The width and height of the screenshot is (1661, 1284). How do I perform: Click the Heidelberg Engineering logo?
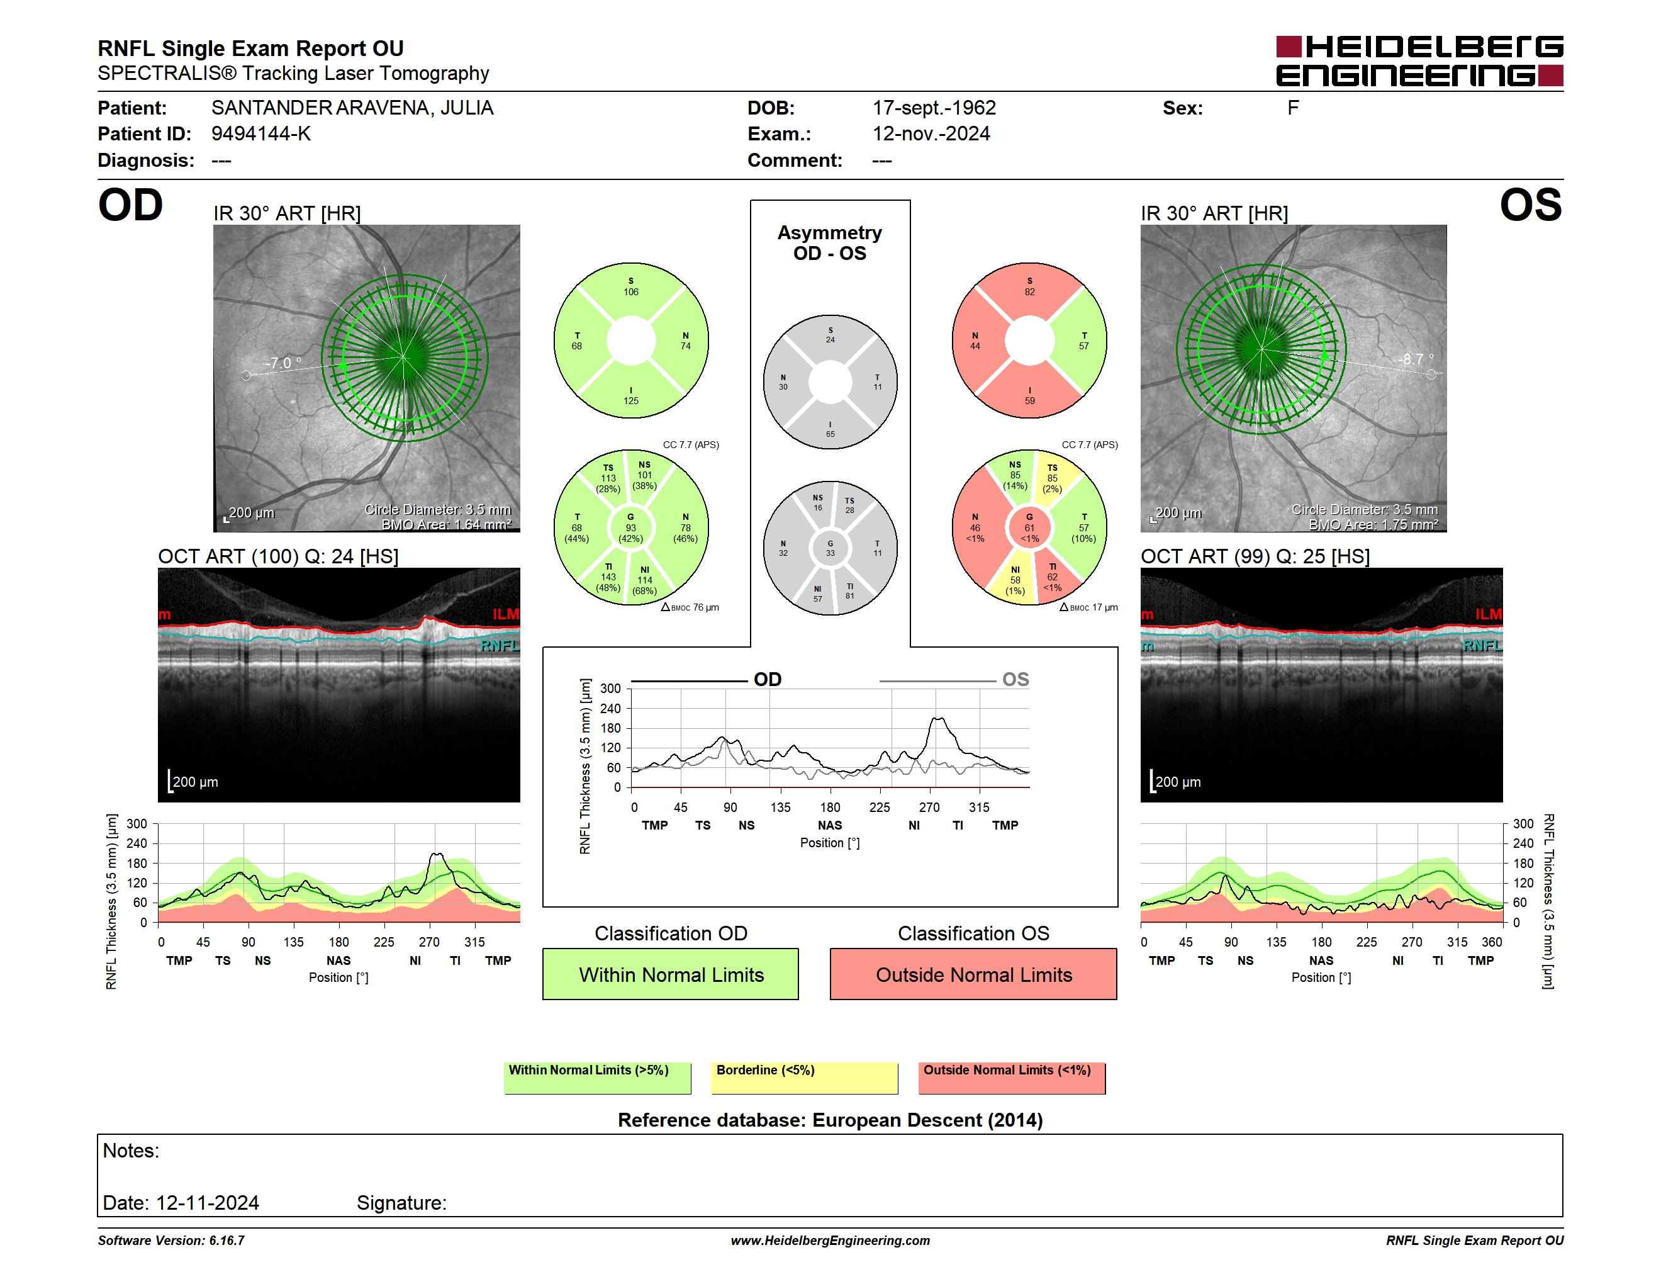coord(1419,61)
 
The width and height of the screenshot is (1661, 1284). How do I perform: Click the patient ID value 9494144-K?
coord(261,134)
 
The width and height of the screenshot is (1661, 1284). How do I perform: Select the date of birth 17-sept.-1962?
coord(934,108)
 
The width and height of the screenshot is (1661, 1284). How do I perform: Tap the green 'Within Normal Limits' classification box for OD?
coord(670,974)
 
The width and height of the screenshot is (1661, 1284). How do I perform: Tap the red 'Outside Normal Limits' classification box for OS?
coord(973,974)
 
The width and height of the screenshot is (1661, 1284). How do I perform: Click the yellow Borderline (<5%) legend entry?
coord(804,1078)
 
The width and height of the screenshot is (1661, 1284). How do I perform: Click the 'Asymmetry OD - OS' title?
coord(830,243)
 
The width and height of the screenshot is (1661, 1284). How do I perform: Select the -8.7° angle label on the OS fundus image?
coord(1416,359)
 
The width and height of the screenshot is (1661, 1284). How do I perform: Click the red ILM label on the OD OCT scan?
coord(506,614)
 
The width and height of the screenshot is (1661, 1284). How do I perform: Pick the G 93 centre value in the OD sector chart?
coord(630,527)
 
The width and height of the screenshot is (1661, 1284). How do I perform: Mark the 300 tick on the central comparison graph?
coord(611,689)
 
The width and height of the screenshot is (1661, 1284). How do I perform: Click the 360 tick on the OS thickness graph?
coord(1491,942)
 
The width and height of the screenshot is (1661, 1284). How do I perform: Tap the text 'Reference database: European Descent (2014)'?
coord(830,1120)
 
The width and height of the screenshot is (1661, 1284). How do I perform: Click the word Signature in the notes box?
coord(401,1203)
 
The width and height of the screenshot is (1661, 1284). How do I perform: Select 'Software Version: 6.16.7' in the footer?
coord(171,1241)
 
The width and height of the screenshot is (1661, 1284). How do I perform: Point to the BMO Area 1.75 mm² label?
coord(1373,525)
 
